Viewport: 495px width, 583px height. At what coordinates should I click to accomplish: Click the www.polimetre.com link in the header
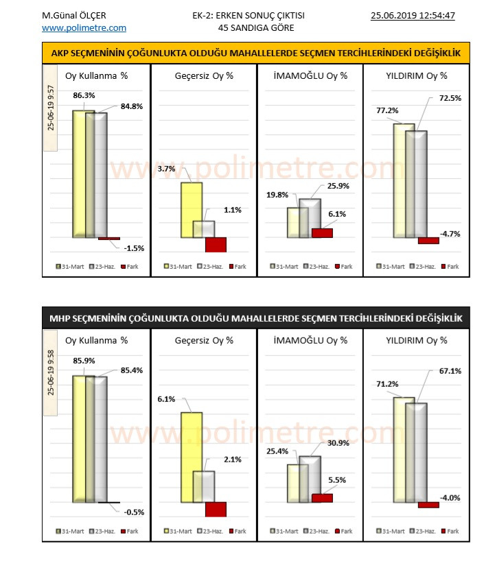pyautogui.click(x=84, y=28)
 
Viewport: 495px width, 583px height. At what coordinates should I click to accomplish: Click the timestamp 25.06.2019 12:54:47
pyautogui.click(x=413, y=15)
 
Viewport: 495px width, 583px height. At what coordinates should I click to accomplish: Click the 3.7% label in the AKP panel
pyautogui.click(x=167, y=168)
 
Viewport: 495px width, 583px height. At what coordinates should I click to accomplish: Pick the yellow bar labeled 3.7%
pyautogui.click(x=192, y=210)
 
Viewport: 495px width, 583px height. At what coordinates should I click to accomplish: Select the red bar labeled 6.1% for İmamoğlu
pyautogui.click(x=322, y=233)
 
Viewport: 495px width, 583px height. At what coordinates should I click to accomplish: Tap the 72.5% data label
pyautogui.click(x=450, y=99)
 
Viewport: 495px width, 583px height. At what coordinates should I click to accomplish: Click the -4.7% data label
pyautogui.click(x=450, y=234)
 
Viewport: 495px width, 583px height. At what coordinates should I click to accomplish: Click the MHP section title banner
pyautogui.click(x=256, y=318)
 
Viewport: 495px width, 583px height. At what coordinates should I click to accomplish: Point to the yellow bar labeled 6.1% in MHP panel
pyautogui.click(x=192, y=457)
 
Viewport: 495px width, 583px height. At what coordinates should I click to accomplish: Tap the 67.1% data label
pyautogui.click(x=450, y=371)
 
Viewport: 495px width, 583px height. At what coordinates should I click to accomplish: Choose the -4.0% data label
pyautogui.click(x=450, y=498)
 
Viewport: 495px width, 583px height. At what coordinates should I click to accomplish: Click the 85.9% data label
pyautogui.click(x=84, y=361)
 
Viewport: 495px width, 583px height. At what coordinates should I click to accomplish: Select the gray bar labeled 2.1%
pyautogui.click(x=204, y=486)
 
